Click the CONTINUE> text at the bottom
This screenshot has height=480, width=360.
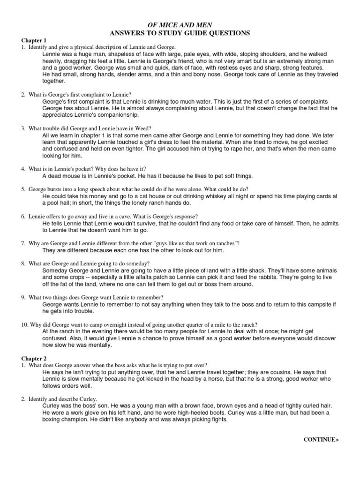coord(320,439)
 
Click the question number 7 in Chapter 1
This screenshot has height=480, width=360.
coord(22,243)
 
